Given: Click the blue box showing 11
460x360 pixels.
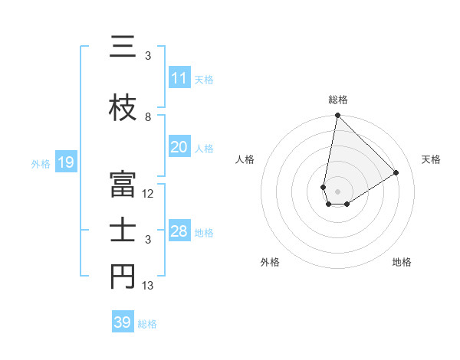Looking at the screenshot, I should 179,78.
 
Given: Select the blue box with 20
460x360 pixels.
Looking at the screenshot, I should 179,147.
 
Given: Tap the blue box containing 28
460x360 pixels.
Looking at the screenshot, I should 179,231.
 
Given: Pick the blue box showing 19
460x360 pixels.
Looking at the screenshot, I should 65,162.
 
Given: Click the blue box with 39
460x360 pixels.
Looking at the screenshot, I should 123,322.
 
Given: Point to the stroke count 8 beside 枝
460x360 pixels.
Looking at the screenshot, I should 148,117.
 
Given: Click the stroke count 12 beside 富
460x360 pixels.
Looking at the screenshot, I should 148,194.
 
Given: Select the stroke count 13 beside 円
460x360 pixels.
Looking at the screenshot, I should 148,286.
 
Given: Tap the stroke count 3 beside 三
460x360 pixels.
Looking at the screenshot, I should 148,56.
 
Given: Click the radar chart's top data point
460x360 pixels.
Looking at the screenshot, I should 337,116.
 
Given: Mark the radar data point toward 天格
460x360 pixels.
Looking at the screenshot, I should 396,172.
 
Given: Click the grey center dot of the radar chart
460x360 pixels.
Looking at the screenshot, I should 337,190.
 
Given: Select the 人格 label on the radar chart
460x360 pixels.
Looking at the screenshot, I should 245,159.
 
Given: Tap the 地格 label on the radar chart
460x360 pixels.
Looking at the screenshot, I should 402,262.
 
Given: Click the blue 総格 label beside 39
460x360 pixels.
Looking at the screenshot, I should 147,324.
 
